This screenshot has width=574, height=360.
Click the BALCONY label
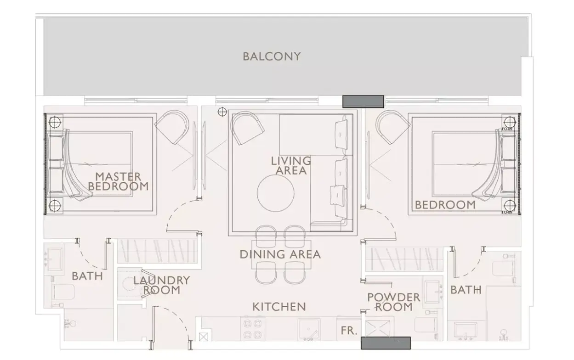pos(272,56)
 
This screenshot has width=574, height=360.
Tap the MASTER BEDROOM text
pos(118,181)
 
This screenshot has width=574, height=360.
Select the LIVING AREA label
pos(291,166)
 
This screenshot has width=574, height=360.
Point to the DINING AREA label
pos(280,254)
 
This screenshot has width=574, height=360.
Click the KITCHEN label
pos(279,307)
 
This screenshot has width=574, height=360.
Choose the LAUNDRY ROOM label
pos(161,285)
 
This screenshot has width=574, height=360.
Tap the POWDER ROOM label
pos(393,302)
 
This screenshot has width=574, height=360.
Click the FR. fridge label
pos(349,331)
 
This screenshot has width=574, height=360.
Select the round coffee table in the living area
pos(275,193)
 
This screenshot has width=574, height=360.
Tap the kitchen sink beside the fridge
pos(309,330)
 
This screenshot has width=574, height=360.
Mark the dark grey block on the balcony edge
pos(363,101)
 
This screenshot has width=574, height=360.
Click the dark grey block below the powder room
pos(386,343)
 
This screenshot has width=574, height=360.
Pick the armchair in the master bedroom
pos(172,127)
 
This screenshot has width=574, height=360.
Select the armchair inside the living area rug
pos(247,128)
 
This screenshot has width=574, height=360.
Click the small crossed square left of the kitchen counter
pos(204,337)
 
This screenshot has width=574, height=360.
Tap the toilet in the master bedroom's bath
pos(63,292)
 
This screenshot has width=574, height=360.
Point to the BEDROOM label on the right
pos(445,205)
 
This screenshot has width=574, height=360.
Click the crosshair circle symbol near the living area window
pos(222,112)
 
